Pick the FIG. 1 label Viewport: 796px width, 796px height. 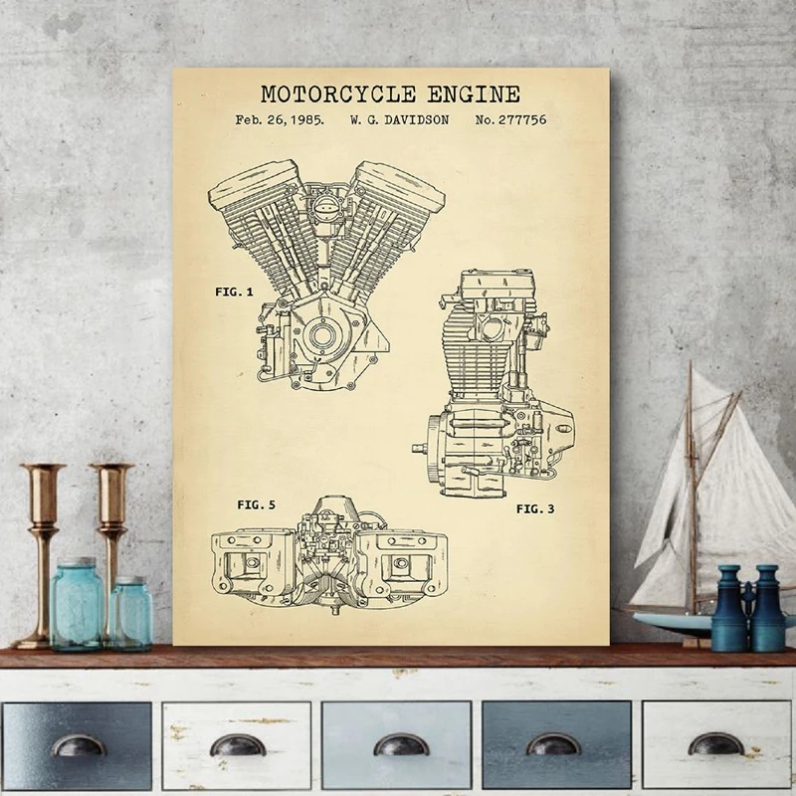pos(235,292)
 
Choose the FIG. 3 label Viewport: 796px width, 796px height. pos(535,508)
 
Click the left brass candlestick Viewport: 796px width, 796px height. pos(42,547)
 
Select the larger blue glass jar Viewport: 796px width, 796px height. pos(77,604)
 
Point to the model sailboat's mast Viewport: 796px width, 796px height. pos(690,488)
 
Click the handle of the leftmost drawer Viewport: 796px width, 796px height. pos(78,744)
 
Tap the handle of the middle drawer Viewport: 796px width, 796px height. pos(400,744)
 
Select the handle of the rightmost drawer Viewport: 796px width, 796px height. pos(716,744)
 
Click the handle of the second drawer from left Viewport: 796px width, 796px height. pos(238,744)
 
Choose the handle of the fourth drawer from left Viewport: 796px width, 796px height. pos(554,744)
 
